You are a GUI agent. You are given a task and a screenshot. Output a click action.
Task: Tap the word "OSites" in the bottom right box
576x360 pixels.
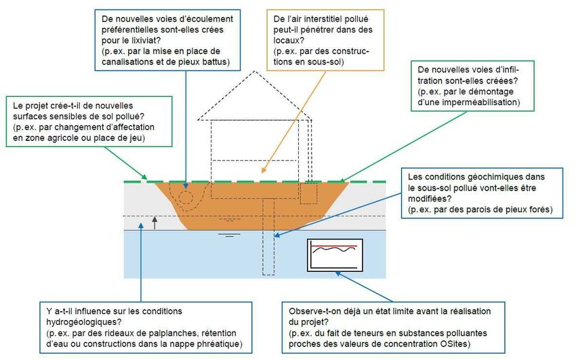pos(455,344)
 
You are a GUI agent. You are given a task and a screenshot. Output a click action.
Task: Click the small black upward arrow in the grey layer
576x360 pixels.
pos(155,222)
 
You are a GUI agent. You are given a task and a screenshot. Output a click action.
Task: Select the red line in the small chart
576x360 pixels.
pos(334,245)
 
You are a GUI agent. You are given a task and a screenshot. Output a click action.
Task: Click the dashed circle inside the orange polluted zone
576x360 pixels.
pos(186,197)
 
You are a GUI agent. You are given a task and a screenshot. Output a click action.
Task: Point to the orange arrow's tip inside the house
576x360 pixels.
pos(263,171)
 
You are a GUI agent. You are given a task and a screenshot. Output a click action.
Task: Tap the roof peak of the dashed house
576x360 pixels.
pos(255,71)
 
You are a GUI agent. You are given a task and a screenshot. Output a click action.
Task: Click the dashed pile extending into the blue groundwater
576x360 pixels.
pos(268,237)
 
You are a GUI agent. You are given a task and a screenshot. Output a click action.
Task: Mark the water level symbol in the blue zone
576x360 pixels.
pos(229,235)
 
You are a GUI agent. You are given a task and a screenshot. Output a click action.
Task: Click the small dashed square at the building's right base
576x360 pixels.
pos(308,193)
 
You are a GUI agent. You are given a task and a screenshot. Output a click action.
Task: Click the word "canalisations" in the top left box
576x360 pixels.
pos(126,62)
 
